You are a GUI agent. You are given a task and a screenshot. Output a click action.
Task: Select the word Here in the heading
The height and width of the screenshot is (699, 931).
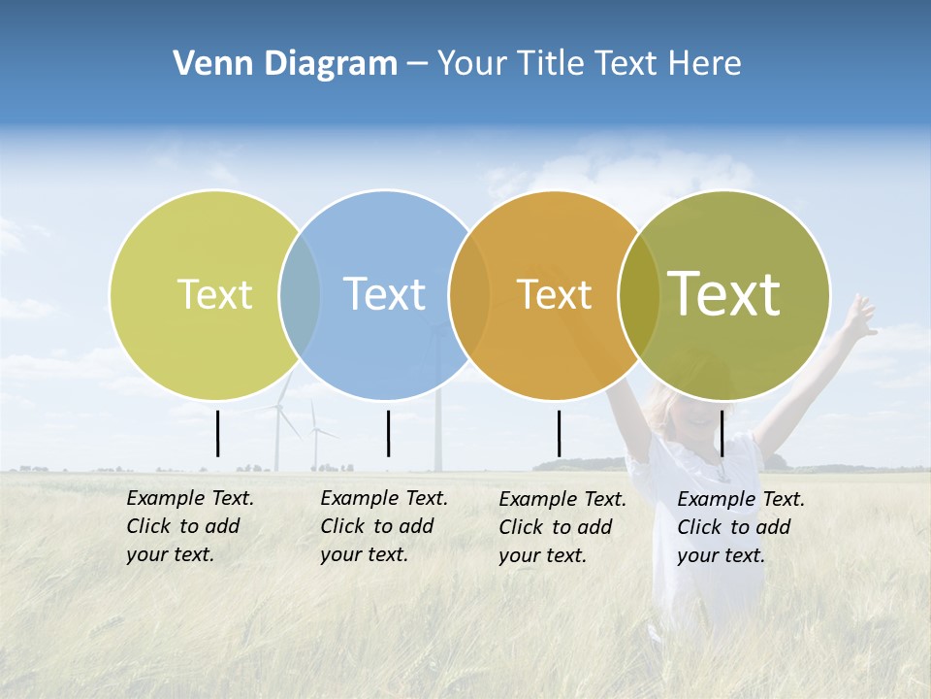(705, 64)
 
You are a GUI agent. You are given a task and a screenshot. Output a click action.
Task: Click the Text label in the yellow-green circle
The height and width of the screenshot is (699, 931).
(214, 294)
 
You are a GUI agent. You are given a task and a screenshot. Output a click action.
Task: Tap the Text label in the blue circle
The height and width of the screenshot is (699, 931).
(384, 294)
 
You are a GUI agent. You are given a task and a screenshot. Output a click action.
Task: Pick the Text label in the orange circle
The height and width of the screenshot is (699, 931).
(554, 295)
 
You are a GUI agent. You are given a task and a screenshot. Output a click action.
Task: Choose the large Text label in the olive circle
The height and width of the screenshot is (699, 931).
(724, 294)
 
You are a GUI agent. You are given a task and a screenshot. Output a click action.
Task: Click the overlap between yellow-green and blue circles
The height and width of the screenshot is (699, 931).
(300, 294)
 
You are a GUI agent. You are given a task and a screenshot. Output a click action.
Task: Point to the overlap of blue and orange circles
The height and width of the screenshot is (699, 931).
(469, 294)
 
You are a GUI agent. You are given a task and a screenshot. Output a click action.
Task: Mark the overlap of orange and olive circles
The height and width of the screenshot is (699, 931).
(639, 294)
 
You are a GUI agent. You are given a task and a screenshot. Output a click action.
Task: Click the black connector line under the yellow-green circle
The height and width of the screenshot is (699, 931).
(217, 433)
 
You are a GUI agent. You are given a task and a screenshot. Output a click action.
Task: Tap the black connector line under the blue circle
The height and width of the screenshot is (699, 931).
(388, 433)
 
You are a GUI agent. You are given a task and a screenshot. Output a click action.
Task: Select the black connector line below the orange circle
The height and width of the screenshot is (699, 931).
(559, 433)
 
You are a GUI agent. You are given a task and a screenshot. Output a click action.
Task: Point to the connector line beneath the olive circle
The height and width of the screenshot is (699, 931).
(722, 433)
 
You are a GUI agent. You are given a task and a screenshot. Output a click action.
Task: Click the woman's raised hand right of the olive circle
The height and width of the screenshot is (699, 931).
(859, 313)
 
